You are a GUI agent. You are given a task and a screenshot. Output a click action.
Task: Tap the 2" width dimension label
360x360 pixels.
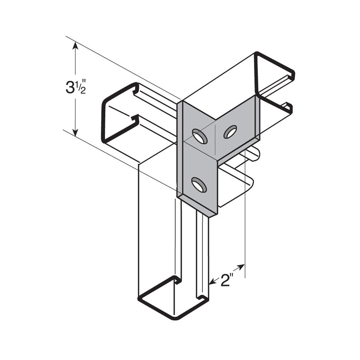[227, 281]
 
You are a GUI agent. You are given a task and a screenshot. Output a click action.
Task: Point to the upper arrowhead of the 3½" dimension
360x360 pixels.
[75, 46]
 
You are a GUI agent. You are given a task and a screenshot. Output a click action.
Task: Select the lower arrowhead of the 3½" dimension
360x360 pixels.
[75, 132]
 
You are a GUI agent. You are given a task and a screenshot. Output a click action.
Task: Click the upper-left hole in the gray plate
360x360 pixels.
[199, 136]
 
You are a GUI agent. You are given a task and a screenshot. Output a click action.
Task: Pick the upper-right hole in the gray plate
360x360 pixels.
[230, 132]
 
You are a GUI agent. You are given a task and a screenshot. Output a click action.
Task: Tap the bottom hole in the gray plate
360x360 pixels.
[199, 185]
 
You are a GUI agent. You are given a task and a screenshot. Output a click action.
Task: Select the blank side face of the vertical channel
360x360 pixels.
[156, 224]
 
